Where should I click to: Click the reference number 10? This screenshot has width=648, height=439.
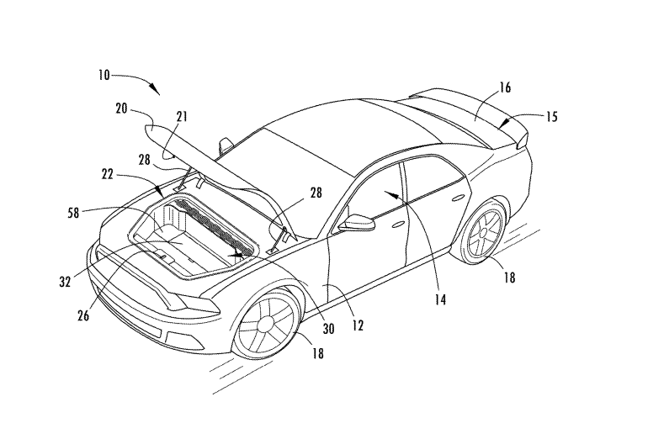click(x=104, y=76)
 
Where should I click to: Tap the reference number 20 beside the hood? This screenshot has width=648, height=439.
click(x=121, y=109)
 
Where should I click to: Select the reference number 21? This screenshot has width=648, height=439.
click(x=182, y=116)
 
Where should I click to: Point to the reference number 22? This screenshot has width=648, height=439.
click(x=108, y=175)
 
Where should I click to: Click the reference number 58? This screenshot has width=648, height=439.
click(x=73, y=213)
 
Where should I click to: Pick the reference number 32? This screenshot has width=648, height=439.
click(x=65, y=282)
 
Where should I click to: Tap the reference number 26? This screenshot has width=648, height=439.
click(x=83, y=316)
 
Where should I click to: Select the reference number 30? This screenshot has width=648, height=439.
click(x=328, y=329)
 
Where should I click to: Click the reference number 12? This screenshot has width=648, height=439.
click(x=358, y=325)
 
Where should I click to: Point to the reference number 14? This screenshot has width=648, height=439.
click(x=441, y=300)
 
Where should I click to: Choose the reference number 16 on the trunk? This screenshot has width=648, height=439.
click(x=505, y=87)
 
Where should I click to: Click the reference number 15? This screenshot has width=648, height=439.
click(x=552, y=117)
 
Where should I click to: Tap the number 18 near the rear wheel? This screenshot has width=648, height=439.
click(x=509, y=278)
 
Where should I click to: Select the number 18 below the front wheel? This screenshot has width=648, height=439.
click(x=318, y=353)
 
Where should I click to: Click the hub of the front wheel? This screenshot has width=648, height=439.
click(x=265, y=325)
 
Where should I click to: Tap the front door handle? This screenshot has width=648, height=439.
click(x=399, y=225)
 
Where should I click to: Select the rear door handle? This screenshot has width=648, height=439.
click(x=458, y=198)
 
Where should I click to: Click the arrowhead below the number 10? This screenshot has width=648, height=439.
click(x=155, y=89)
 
